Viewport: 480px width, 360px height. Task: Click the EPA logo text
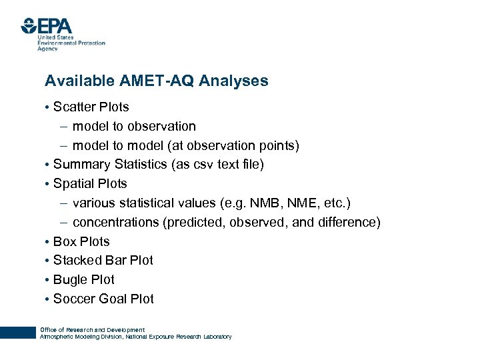55,27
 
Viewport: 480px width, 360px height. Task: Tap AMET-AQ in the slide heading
150,81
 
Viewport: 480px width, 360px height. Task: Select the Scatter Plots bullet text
91,107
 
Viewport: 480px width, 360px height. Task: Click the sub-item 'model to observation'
134,126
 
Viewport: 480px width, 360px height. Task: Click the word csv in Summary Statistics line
205,164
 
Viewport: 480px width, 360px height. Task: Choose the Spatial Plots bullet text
89,183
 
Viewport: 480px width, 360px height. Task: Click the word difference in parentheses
350,222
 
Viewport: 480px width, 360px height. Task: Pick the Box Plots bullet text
81,241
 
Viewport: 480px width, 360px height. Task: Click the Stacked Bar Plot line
103,260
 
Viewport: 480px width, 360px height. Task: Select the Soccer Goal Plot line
103,299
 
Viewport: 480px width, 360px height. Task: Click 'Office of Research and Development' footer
92,329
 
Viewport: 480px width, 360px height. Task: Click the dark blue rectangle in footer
17,332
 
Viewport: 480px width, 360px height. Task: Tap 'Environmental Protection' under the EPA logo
71,43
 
